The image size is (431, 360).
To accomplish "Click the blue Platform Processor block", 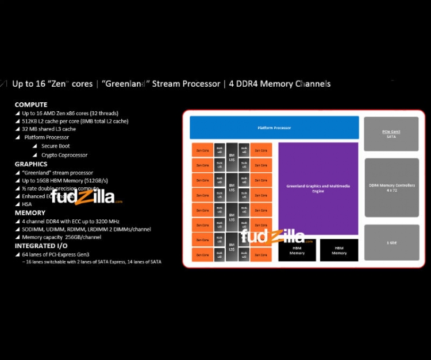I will click(274, 127).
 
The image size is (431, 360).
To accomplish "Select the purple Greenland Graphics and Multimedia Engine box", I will click(318, 188).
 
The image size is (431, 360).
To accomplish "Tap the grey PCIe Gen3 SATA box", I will click(391, 134).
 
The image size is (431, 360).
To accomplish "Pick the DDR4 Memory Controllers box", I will click(391, 187).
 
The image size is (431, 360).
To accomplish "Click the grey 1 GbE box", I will click(391, 242).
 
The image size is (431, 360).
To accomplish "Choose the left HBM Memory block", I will click(297, 250).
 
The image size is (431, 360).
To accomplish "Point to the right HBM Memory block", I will click(338, 250).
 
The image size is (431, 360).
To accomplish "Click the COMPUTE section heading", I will click(31, 104).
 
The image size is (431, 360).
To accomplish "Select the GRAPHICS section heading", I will click(31, 164).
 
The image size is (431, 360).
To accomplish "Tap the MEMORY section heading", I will click(29, 213).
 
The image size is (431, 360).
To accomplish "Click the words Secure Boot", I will click(56, 146).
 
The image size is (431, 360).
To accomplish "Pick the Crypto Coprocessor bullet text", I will click(64, 155).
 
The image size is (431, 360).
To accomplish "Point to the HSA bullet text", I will click(27, 204).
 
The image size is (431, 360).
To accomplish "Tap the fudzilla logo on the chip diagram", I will click(272, 236).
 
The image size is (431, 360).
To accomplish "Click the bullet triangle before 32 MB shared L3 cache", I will click(17, 130).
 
